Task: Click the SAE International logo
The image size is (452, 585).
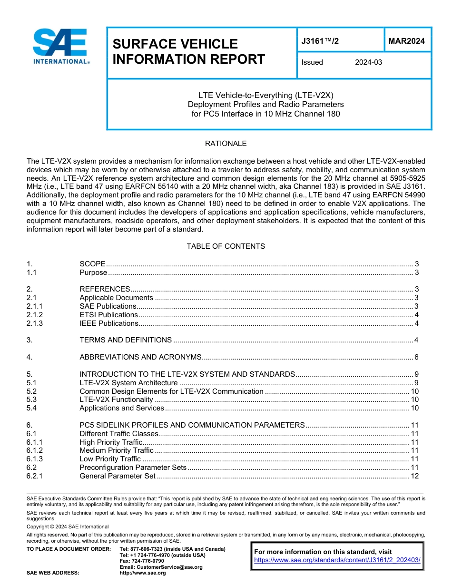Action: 61,47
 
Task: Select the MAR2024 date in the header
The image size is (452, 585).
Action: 406,41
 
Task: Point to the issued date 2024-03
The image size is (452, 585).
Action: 368,62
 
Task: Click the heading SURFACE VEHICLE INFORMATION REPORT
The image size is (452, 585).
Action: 188,51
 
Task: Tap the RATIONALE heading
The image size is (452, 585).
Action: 226,144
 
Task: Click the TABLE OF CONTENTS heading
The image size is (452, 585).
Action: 226,246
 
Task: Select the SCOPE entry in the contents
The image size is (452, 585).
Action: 92,264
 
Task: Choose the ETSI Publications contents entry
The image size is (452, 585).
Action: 108,315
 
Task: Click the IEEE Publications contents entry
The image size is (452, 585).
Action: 108,323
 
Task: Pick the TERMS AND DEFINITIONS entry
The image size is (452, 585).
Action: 126,340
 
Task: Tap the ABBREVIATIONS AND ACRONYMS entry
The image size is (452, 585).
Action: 140,357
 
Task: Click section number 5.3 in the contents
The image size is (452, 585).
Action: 32,400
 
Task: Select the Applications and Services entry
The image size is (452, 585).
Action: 121,408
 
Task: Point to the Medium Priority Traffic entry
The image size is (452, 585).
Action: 116,450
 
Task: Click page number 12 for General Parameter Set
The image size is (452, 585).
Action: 414,476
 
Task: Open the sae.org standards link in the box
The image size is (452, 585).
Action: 337,560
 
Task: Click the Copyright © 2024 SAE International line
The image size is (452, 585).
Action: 68,527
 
